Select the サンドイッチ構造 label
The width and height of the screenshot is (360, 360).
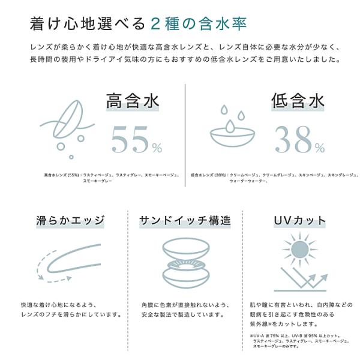pos(185,220)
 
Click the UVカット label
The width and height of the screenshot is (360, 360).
pos(300,220)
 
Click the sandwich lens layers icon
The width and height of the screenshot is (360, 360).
pos(185,263)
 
